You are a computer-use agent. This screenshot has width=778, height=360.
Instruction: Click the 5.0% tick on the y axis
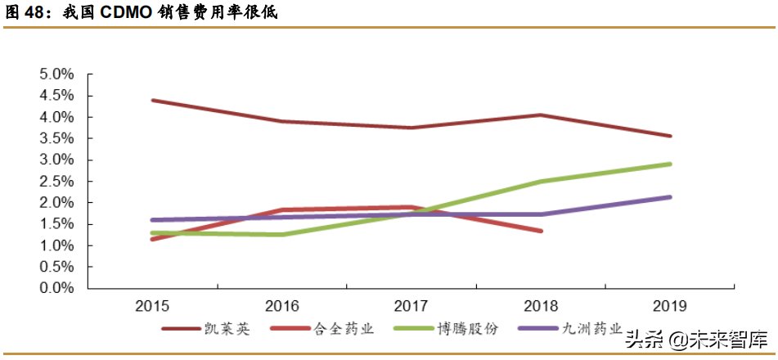tap(57, 74)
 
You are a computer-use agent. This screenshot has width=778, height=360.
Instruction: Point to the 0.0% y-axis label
tap(57, 289)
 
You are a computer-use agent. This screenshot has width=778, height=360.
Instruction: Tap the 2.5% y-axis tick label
tap(57, 182)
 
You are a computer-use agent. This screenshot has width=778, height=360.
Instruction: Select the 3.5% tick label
tap(57, 139)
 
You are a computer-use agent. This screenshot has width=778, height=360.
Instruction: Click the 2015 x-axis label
tap(152, 307)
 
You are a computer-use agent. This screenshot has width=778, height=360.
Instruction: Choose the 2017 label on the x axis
tap(411, 307)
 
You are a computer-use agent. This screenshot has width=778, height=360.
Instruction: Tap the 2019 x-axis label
tap(671, 307)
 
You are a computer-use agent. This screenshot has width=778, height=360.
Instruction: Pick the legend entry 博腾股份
tap(463, 329)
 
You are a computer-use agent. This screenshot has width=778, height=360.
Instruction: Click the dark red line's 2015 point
tap(152, 100)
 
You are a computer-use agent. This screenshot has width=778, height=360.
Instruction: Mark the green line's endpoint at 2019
tap(671, 164)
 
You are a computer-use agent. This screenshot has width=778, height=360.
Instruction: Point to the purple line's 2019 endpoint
tap(671, 197)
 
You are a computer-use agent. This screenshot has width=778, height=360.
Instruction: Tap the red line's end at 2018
tap(541, 231)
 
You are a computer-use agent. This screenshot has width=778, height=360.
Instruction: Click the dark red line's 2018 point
tap(541, 115)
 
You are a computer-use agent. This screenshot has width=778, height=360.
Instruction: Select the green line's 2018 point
tap(541, 182)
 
